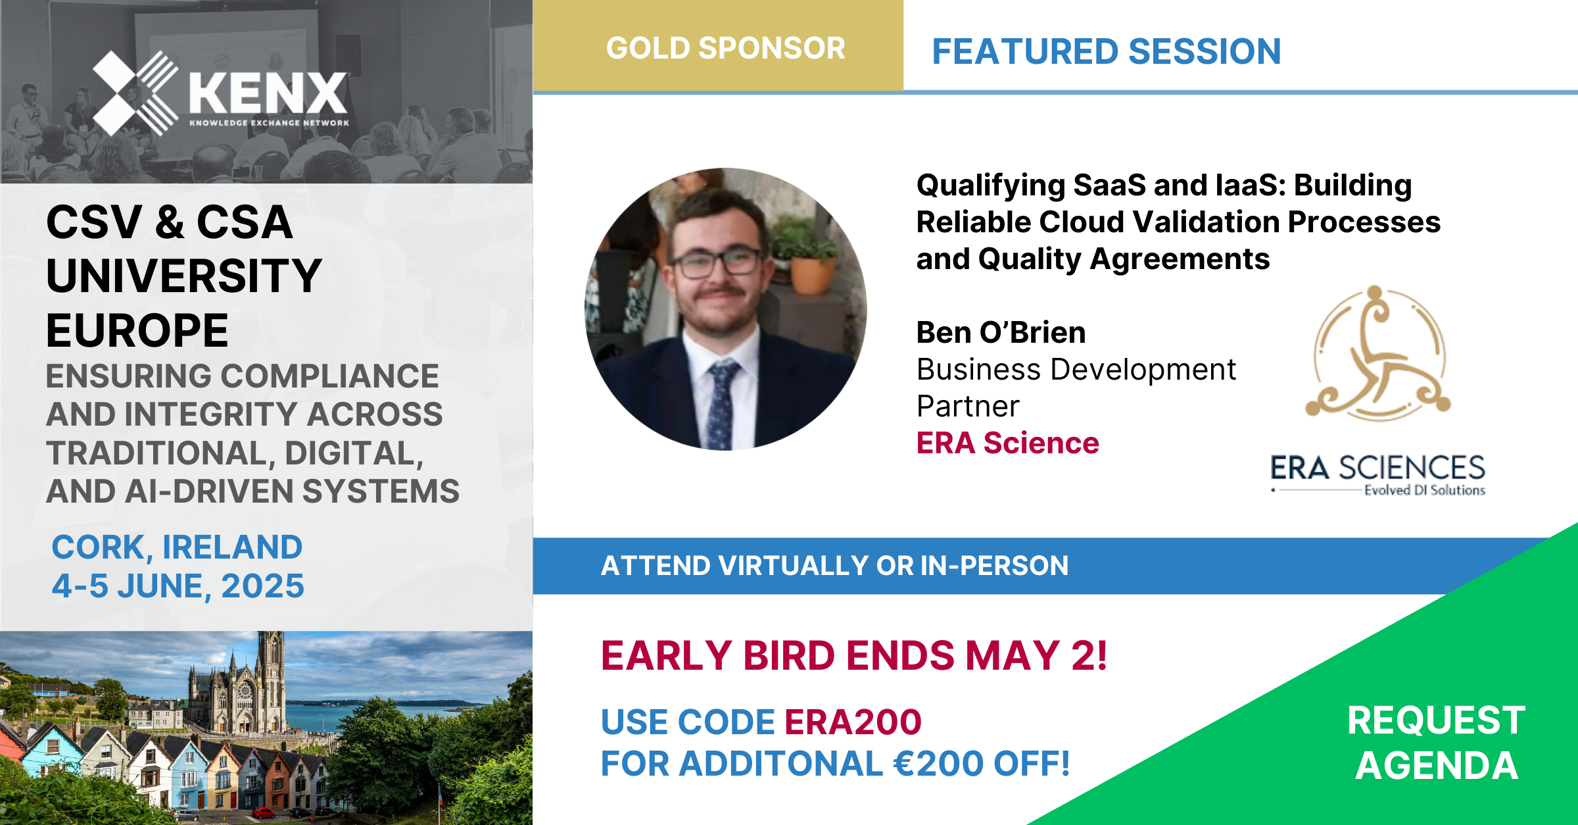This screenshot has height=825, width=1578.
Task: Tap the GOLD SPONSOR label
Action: pos(726,48)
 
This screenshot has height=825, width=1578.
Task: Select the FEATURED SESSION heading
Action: pos(1107,51)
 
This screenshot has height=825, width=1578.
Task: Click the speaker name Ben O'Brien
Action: pos(1001,332)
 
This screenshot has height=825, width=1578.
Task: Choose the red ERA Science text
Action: pos(1008,443)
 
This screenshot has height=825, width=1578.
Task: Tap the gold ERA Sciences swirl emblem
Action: pos(1378,353)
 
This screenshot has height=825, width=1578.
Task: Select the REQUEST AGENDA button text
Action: pos(1437,743)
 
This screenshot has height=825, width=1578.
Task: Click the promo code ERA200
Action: pos(853,722)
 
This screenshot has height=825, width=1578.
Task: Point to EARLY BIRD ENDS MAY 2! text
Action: pos(854,656)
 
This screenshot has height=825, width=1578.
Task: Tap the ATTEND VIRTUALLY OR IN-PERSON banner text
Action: pos(835,566)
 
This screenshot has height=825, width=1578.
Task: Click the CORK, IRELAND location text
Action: pos(177,547)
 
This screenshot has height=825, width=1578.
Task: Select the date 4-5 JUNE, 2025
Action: pos(178,586)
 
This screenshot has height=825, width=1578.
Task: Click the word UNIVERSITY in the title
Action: pos(184,276)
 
